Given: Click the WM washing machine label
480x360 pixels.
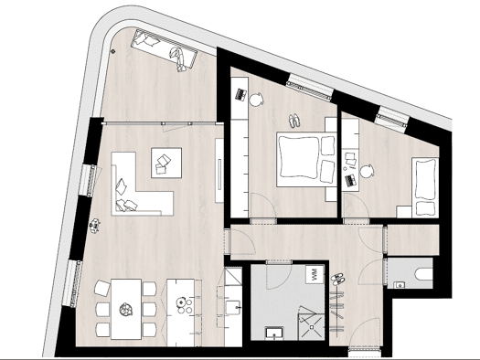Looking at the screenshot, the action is tap(314, 275).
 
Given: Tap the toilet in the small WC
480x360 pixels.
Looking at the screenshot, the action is tap(423, 273).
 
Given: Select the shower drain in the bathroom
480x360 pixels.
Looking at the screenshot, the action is tap(312, 328).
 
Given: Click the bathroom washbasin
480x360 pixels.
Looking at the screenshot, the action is tap(274, 334).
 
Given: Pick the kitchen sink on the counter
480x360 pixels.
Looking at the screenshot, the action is tap(233, 308).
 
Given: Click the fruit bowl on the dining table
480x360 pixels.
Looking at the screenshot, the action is tap(126, 309).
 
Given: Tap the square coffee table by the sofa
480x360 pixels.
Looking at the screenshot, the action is tap(166, 163).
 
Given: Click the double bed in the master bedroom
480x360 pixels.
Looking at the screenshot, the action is tap(306, 159).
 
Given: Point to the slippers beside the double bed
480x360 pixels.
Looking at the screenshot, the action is tap(294, 122).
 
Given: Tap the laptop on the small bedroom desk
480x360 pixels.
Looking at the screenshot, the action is tap(351, 180).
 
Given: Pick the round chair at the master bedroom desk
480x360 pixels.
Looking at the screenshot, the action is tap(256, 99).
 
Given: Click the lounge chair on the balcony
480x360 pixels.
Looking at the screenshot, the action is tap(164, 50).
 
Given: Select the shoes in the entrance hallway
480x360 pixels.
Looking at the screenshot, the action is tap(337, 279).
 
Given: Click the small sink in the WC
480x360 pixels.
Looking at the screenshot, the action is tap(399, 285).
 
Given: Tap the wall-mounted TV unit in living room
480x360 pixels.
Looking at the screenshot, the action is tap(219, 170).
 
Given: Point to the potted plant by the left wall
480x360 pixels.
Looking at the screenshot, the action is tap(95, 226).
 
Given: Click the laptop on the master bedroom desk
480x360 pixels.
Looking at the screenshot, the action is tap(241, 94).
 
